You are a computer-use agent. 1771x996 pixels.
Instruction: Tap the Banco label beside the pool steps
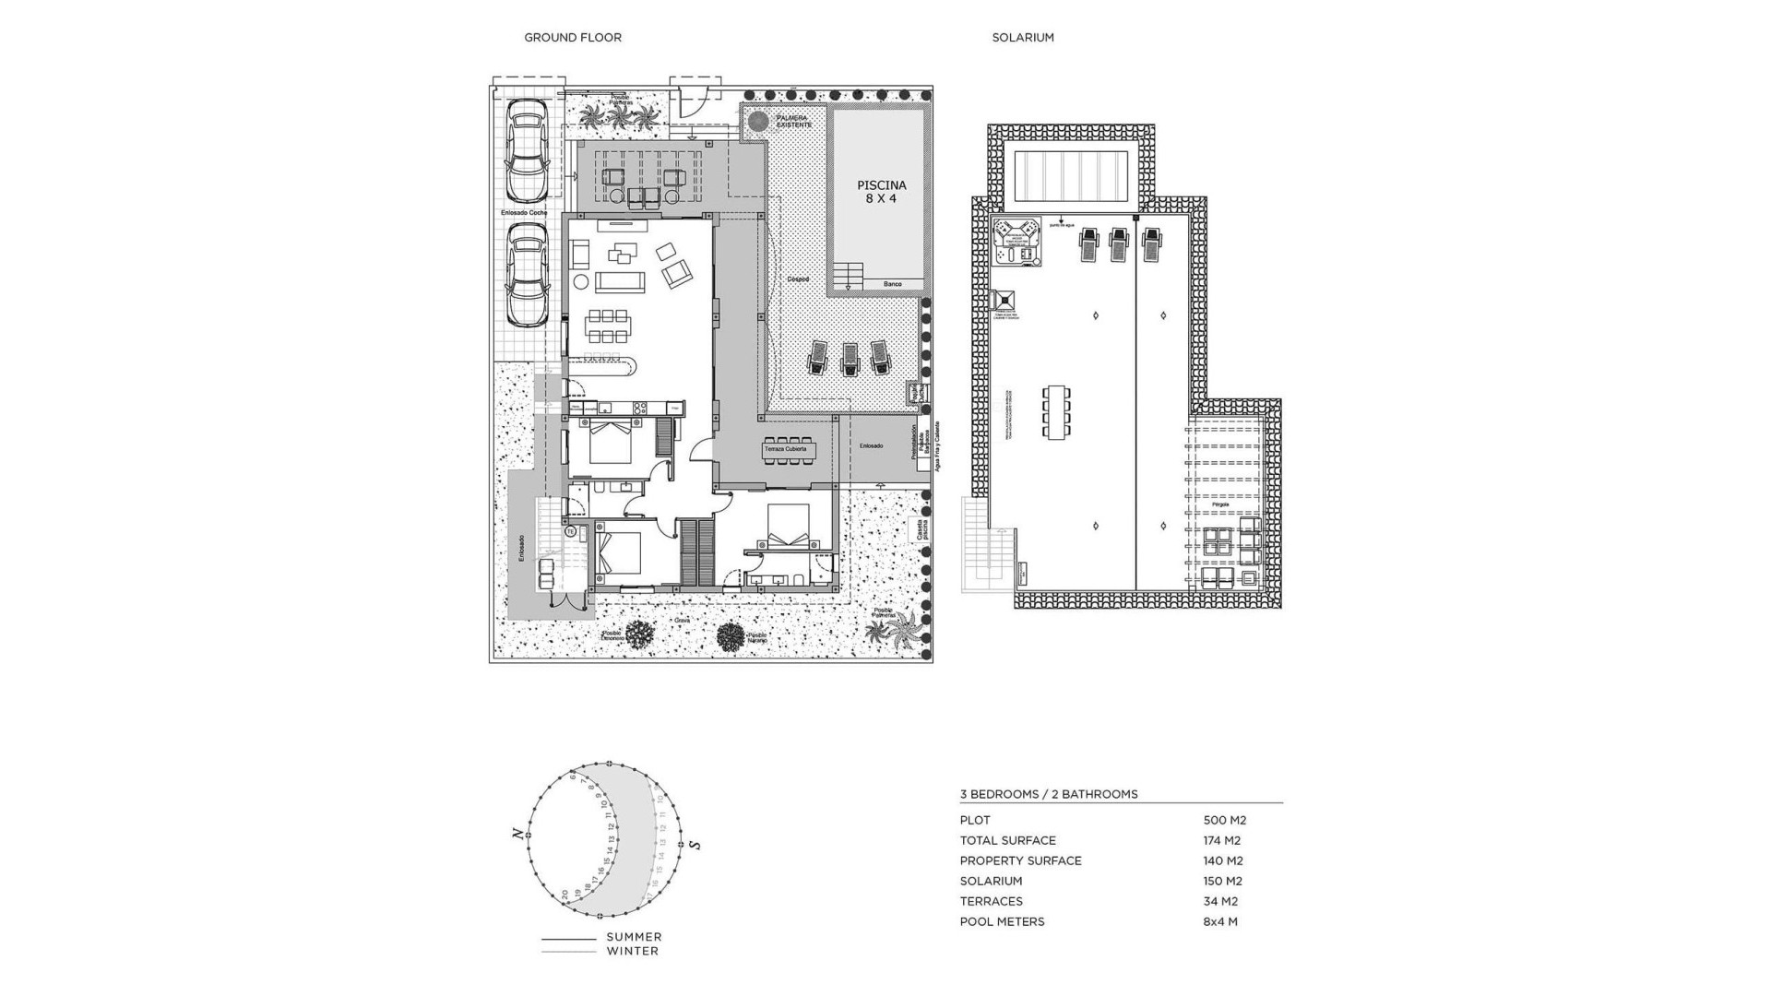892,284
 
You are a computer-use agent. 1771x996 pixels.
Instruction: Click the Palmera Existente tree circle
758,121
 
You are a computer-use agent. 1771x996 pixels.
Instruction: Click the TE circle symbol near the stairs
570,532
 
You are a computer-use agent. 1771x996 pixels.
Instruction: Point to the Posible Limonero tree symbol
639,634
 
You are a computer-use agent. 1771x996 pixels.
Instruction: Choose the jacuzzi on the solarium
1016,243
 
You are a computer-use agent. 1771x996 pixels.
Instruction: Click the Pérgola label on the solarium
1220,505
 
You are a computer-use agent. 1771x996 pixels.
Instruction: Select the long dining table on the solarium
1056,412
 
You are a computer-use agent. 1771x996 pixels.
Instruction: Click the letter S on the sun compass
695,845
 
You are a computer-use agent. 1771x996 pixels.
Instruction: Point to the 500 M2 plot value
1224,820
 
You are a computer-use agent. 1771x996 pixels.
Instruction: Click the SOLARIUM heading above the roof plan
1022,38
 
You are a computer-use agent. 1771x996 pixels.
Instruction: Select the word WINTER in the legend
632,951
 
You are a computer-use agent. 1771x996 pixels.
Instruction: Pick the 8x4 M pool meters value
1220,921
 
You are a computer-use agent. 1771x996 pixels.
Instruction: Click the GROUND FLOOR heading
572,38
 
